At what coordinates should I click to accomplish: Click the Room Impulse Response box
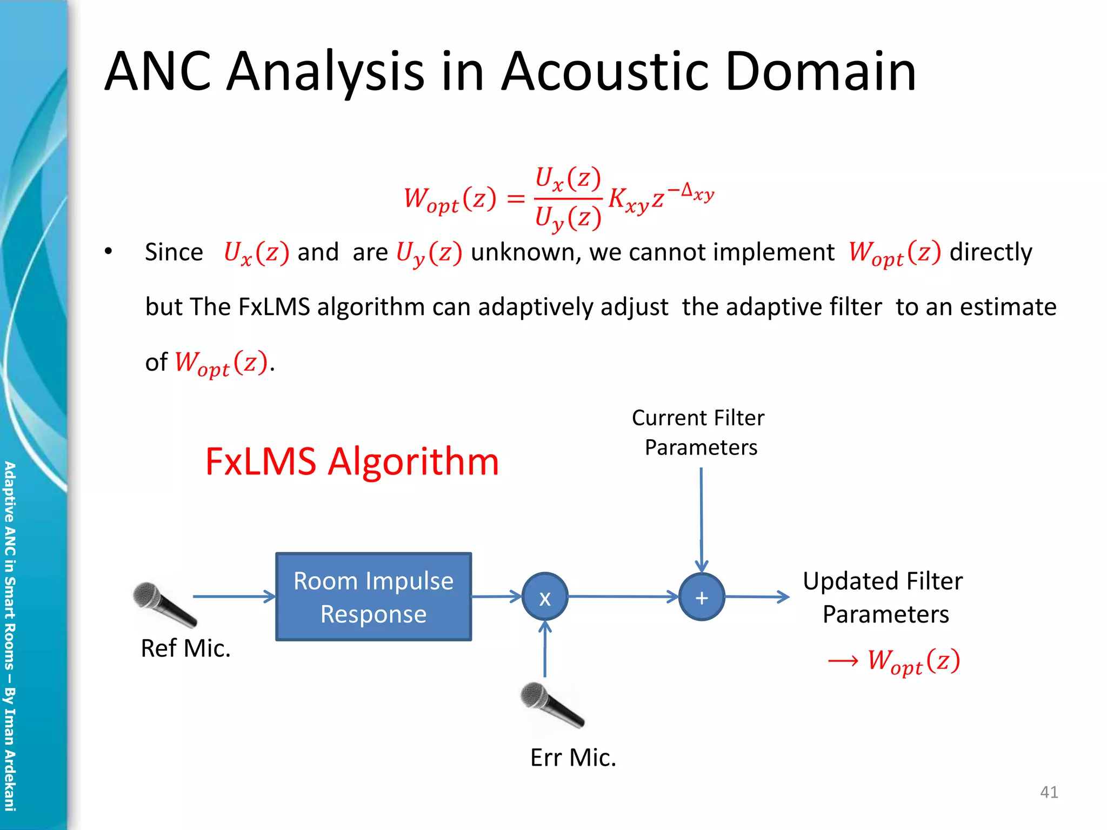click(374, 597)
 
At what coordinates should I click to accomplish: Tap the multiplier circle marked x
click(545, 597)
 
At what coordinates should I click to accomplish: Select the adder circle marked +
click(702, 597)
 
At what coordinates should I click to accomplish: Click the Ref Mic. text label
click(185, 648)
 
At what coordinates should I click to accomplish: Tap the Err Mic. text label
click(573, 758)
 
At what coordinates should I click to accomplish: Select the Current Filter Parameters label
click(699, 433)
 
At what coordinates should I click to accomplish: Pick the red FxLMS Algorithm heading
click(352, 462)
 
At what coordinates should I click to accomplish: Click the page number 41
click(1049, 792)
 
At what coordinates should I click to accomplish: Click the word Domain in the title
click(821, 71)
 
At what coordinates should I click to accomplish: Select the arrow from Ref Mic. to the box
click(234, 597)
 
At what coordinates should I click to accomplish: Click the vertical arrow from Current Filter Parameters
click(701, 519)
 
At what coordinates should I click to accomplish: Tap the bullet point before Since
click(109, 252)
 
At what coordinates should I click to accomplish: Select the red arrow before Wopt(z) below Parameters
click(843, 661)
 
